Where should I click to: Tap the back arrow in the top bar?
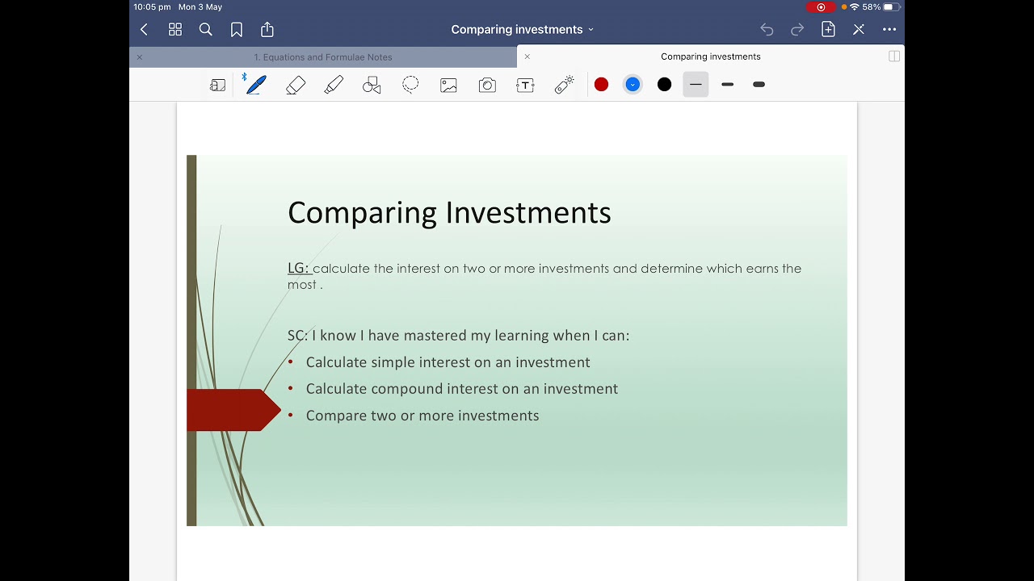[144, 30]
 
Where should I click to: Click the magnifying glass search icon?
[206, 30]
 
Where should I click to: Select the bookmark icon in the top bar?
[237, 30]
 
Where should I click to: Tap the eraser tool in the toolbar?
[296, 85]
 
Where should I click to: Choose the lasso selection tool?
[410, 85]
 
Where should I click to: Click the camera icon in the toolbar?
[487, 85]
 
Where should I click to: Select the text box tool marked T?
[525, 85]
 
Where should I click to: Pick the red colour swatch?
[601, 85]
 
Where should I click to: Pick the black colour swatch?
[664, 85]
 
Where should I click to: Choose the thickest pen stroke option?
[759, 85]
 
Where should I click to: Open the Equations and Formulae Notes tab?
[322, 57]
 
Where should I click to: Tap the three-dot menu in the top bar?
[889, 30]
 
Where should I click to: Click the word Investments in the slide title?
[528, 213]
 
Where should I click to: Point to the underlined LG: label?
[298, 268]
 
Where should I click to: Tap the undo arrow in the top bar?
[767, 30]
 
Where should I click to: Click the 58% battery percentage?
[871, 7]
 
